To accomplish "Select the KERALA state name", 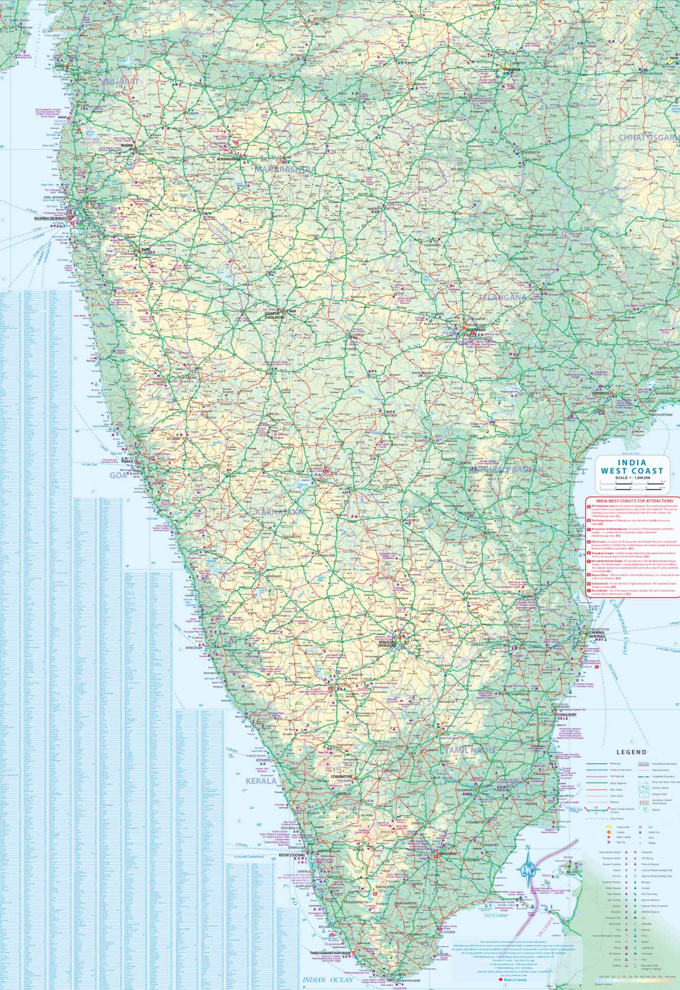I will click(261, 795).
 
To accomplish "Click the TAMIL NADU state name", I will click(470, 750).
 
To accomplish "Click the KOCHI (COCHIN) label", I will click(292, 869).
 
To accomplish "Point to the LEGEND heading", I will click(631, 752).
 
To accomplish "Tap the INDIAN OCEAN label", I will click(327, 980).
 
